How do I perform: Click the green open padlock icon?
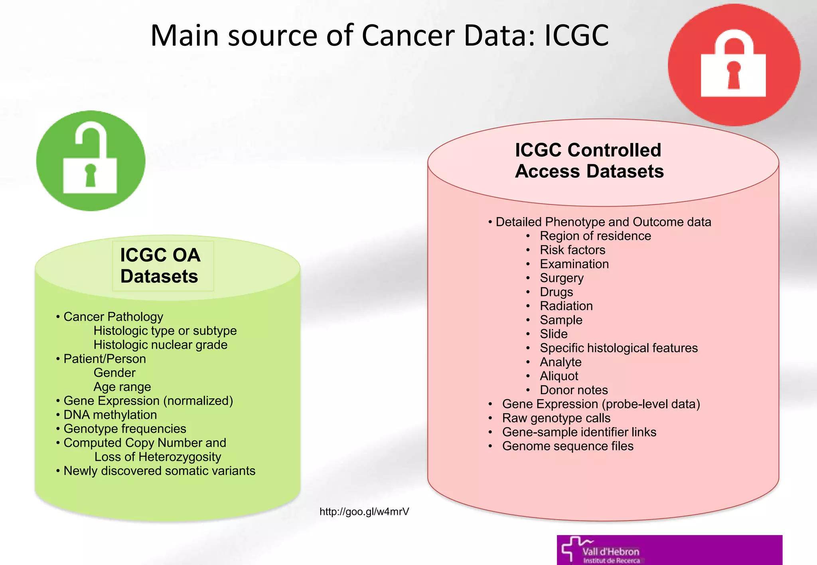click(91, 161)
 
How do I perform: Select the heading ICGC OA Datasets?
click(160, 265)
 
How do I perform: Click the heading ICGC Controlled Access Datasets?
click(589, 161)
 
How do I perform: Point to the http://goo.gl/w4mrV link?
click(364, 512)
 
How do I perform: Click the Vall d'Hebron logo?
click(669, 550)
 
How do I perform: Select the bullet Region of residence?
click(595, 236)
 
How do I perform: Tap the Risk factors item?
click(572, 250)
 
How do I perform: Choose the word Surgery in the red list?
click(561, 278)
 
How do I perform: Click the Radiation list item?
click(566, 306)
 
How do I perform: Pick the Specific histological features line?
click(618, 348)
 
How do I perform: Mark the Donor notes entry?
click(573, 390)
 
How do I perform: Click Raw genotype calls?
click(556, 418)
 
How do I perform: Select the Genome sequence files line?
click(567, 446)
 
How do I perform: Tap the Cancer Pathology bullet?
click(113, 317)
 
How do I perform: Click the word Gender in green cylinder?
click(114, 373)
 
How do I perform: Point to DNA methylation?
click(110, 415)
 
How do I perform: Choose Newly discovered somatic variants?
click(159, 471)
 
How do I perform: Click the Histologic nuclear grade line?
click(160, 345)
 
